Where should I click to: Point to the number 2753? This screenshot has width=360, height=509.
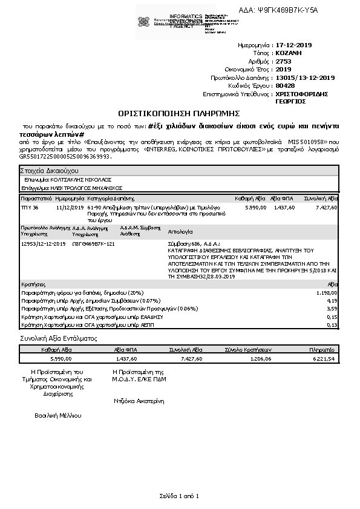pyautogui.click(x=283, y=61)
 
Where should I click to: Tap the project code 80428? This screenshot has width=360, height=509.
pyautogui.click(x=284, y=86)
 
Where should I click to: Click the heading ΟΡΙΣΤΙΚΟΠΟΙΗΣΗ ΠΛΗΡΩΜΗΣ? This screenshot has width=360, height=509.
pyautogui.click(x=180, y=113)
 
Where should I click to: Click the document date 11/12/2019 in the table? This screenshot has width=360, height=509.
pyautogui.click(x=69, y=207)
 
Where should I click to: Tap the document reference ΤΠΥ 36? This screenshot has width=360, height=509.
pyautogui.click(x=30, y=207)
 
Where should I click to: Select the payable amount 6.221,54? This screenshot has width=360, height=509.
pyautogui.click(x=323, y=358)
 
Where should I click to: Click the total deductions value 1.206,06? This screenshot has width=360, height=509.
pyautogui.click(x=260, y=358)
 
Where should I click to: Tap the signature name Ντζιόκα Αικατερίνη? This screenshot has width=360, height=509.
pyautogui.click(x=139, y=401)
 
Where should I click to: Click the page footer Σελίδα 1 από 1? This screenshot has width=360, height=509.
pyautogui.click(x=180, y=496)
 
